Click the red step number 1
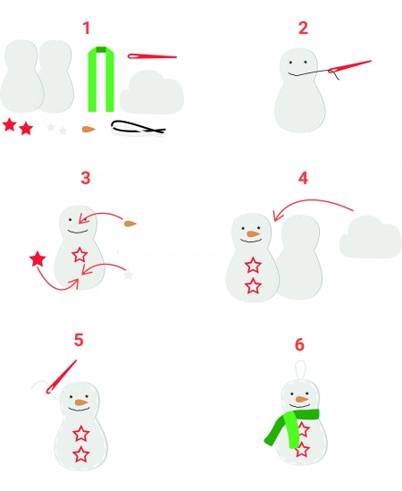click(x=87, y=28)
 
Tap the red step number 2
click(x=303, y=28)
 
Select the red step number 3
click(x=86, y=178)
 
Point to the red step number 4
click(x=303, y=178)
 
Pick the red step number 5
click(x=79, y=340)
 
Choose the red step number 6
click(x=299, y=344)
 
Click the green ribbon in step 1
click(x=101, y=80)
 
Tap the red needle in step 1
click(x=152, y=56)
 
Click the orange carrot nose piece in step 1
click(x=88, y=129)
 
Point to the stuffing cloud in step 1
click(x=152, y=92)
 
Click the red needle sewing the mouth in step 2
click(x=349, y=66)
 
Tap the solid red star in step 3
click(x=38, y=259)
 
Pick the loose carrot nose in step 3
click(x=130, y=224)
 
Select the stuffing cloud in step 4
click(x=371, y=237)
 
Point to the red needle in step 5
click(x=62, y=377)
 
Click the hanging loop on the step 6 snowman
click(x=300, y=371)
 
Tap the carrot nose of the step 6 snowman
click(x=302, y=399)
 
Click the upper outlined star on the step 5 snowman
click(x=81, y=434)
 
